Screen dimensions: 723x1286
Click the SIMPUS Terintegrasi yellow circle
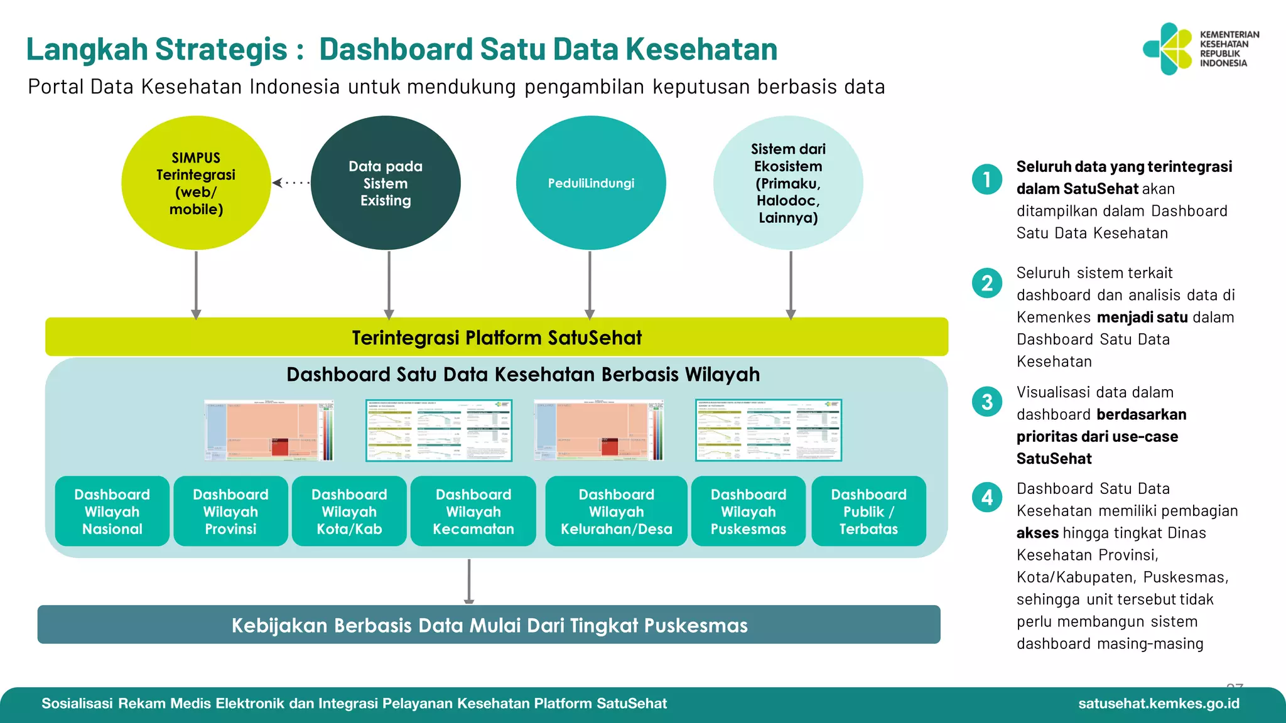click(196, 183)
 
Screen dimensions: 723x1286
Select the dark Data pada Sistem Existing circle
click(386, 183)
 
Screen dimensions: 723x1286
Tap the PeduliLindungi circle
click(590, 183)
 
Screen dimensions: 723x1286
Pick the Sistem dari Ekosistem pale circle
click(788, 183)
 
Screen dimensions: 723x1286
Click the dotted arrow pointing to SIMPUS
click(291, 183)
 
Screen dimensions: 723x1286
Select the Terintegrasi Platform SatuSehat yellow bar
click(496, 337)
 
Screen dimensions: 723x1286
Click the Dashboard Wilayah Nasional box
click(112, 511)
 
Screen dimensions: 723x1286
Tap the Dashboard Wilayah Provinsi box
click(230, 511)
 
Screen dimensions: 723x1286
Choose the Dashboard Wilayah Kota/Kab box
click(349, 511)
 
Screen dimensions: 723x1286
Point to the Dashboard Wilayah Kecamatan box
click(473, 511)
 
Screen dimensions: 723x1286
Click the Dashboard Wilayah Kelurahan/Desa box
click(616, 511)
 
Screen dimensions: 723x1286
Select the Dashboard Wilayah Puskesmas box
click(748, 511)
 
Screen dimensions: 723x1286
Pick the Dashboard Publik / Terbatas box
click(868, 511)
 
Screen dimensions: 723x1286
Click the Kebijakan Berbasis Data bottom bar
click(489, 624)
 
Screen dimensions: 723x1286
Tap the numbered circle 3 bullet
click(987, 402)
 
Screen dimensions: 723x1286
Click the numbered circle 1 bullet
click(987, 179)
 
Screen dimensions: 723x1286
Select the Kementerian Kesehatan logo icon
click(1167, 49)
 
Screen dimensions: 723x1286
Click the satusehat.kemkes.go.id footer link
click(1159, 704)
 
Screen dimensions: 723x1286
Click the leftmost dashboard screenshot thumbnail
click(269, 431)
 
